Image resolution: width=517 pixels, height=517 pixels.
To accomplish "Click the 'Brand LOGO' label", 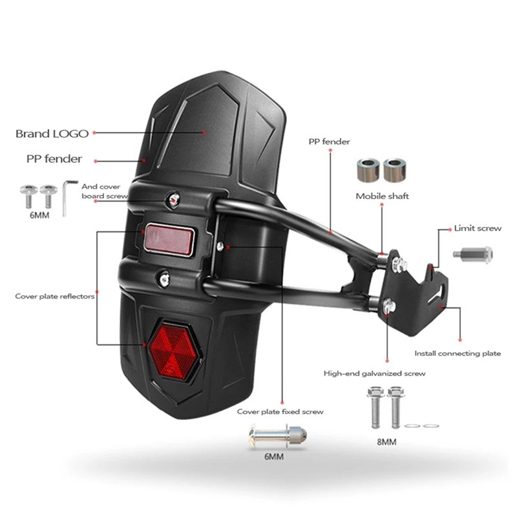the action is [x=52, y=134].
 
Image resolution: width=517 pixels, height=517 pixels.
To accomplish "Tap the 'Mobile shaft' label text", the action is [x=382, y=196].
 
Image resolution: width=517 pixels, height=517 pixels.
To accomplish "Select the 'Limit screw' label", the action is [x=478, y=228].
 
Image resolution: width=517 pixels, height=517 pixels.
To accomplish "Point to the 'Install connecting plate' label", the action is [x=457, y=353].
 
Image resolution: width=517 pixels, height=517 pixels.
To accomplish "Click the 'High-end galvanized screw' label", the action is [x=374, y=374].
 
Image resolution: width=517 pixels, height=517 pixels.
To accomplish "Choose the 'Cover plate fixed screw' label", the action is [x=280, y=411].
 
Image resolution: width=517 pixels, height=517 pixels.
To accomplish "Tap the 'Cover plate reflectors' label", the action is [x=55, y=297].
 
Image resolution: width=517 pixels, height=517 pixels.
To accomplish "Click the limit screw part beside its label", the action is [x=472, y=253].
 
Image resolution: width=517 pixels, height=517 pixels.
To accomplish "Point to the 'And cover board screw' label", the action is [x=101, y=191].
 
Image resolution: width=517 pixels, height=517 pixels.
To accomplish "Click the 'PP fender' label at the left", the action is [x=54, y=158].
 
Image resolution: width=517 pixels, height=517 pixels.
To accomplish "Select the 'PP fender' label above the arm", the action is [x=329, y=142].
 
